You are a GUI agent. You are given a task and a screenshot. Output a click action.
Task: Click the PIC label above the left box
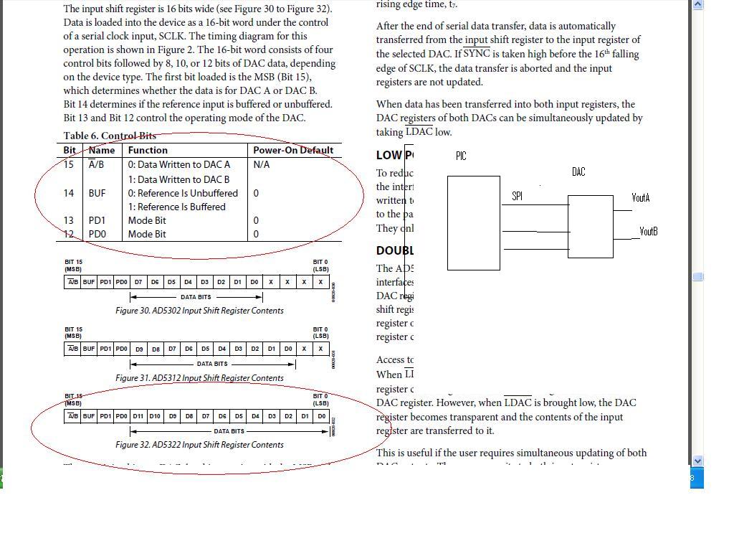[x=461, y=156]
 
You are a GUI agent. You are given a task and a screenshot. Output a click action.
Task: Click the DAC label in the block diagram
[x=578, y=171]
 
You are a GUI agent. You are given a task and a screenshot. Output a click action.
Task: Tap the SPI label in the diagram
[x=517, y=196]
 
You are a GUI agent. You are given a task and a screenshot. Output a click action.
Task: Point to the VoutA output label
[x=641, y=197]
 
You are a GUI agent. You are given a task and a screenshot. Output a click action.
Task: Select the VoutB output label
[x=649, y=231]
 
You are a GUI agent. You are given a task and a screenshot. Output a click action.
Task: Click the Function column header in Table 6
[x=148, y=150]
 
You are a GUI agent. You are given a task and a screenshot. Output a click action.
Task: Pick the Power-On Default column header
[x=293, y=150]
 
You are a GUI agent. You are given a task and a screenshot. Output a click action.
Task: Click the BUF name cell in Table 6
[x=97, y=193]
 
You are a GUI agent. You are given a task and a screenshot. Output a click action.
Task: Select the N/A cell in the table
[x=261, y=164]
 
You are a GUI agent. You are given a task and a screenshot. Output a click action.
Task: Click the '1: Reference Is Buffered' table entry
[x=177, y=207]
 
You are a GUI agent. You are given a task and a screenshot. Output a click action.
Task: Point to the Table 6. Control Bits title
[x=110, y=136]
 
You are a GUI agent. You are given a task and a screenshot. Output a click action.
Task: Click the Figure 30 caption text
[x=199, y=311]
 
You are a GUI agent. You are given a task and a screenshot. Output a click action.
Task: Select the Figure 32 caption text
[x=199, y=445]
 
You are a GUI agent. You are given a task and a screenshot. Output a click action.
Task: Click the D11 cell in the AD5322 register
[x=138, y=416]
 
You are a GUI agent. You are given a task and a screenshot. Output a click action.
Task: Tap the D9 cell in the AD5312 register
[x=139, y=349]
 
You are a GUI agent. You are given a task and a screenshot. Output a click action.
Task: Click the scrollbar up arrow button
[x=697, y=4]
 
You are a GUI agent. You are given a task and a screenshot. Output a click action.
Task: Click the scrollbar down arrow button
[x=697, y=461]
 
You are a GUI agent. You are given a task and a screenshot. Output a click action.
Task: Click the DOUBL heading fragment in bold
[x=395, y=250]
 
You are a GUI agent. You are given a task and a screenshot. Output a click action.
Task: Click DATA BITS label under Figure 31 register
[x=212, y=364]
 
